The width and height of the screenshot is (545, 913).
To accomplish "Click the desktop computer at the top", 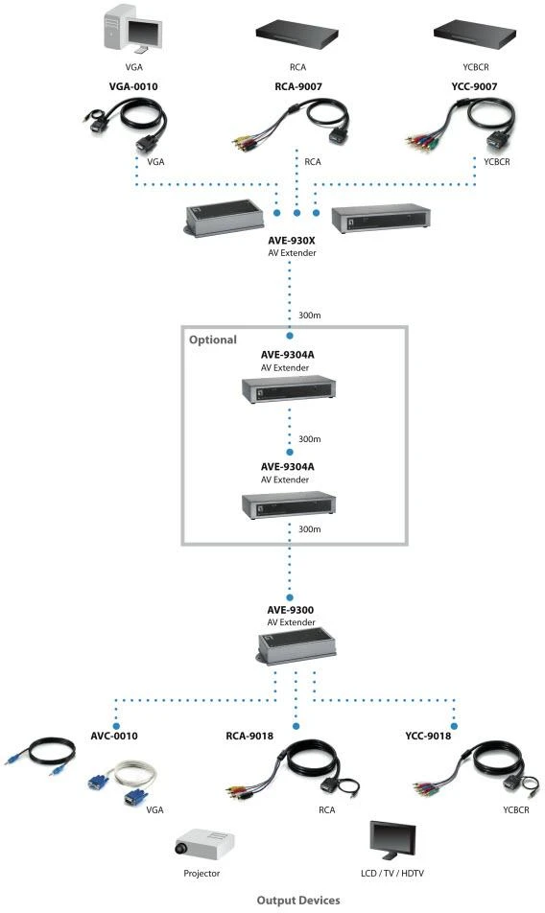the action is tap(132, 28).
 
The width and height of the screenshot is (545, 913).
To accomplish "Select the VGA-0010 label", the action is tap(133, 86).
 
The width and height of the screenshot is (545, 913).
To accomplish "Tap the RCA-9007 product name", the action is tap(298, 86).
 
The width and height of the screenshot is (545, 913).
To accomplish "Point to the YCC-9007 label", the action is tap(475, 86).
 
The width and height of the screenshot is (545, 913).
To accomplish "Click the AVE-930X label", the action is tap(292, 241).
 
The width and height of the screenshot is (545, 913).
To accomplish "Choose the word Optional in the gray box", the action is tap(212, 340).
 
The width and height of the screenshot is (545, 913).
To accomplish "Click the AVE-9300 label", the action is tap(291, 610).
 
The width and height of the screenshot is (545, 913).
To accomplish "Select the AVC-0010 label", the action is tap(114, 736).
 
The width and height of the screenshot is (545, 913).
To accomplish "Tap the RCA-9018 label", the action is tap(249, 736).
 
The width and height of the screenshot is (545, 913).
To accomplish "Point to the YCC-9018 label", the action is tap(428, 736).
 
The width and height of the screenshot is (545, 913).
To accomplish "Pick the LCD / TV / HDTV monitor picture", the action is tap(393, 840).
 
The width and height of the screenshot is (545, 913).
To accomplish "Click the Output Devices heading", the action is tap(298, 901).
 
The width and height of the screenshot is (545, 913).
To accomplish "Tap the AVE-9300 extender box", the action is tap(296, 647).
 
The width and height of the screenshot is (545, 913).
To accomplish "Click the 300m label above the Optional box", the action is tap(310, 315).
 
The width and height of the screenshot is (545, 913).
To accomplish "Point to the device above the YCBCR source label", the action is tap(476, 33).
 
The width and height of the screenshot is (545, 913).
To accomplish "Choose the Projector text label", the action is tap(201, 874).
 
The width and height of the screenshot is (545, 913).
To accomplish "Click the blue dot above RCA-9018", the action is tap(296, 726).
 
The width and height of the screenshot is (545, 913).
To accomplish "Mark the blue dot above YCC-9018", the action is tap(454, 726).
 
